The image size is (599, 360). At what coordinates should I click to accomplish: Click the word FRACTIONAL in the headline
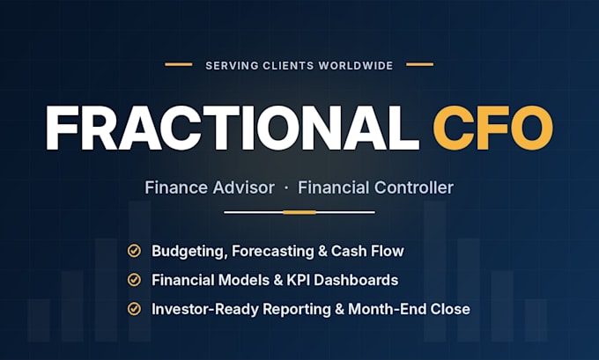(233, 128)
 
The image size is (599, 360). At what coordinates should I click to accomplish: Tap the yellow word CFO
(492, 128)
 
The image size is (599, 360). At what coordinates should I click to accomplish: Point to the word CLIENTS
(288, 66)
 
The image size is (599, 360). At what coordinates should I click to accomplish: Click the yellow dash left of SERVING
(179, 64)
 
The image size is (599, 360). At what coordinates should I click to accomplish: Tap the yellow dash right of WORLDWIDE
(420, 64)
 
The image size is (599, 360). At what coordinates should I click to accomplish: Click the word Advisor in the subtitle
(244, 187)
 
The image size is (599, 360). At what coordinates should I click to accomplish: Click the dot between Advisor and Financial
(286, 188)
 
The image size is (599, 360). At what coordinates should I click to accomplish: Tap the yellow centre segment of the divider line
(299, 212)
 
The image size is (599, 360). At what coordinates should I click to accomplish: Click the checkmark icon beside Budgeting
(134, 251)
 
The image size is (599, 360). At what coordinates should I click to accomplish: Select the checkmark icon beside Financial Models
(134, 280)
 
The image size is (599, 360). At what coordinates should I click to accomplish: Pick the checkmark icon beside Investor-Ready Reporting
(134, 308)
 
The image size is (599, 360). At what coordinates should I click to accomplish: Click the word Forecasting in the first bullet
(273, 252)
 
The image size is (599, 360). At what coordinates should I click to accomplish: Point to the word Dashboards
(356, 280)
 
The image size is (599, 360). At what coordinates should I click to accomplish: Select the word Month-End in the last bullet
(388, 309)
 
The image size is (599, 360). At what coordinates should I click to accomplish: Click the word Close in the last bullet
(450, 309)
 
